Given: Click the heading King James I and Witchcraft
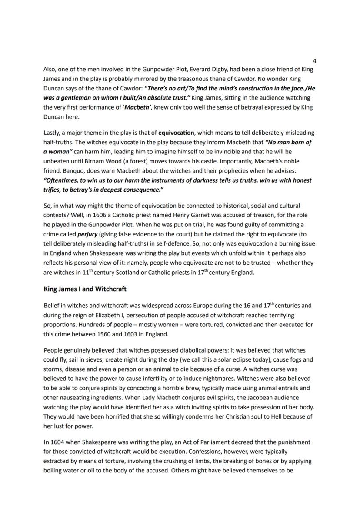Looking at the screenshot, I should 85,289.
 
